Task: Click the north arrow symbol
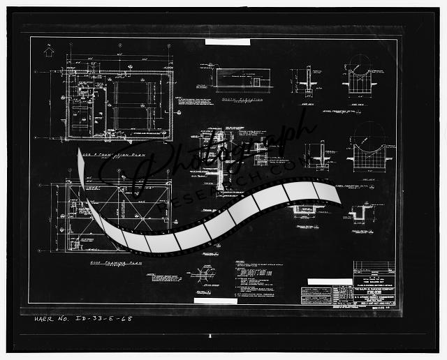point(48,50)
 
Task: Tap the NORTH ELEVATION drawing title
point(238,100)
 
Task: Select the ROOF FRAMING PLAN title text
point(115,263)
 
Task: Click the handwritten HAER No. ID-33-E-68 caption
point(83,319)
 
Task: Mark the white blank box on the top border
point(227,42)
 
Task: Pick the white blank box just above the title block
point(330,283)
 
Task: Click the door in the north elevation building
point(256,82)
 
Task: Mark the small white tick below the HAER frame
point(210,336)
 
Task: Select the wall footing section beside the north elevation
point(302,80)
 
